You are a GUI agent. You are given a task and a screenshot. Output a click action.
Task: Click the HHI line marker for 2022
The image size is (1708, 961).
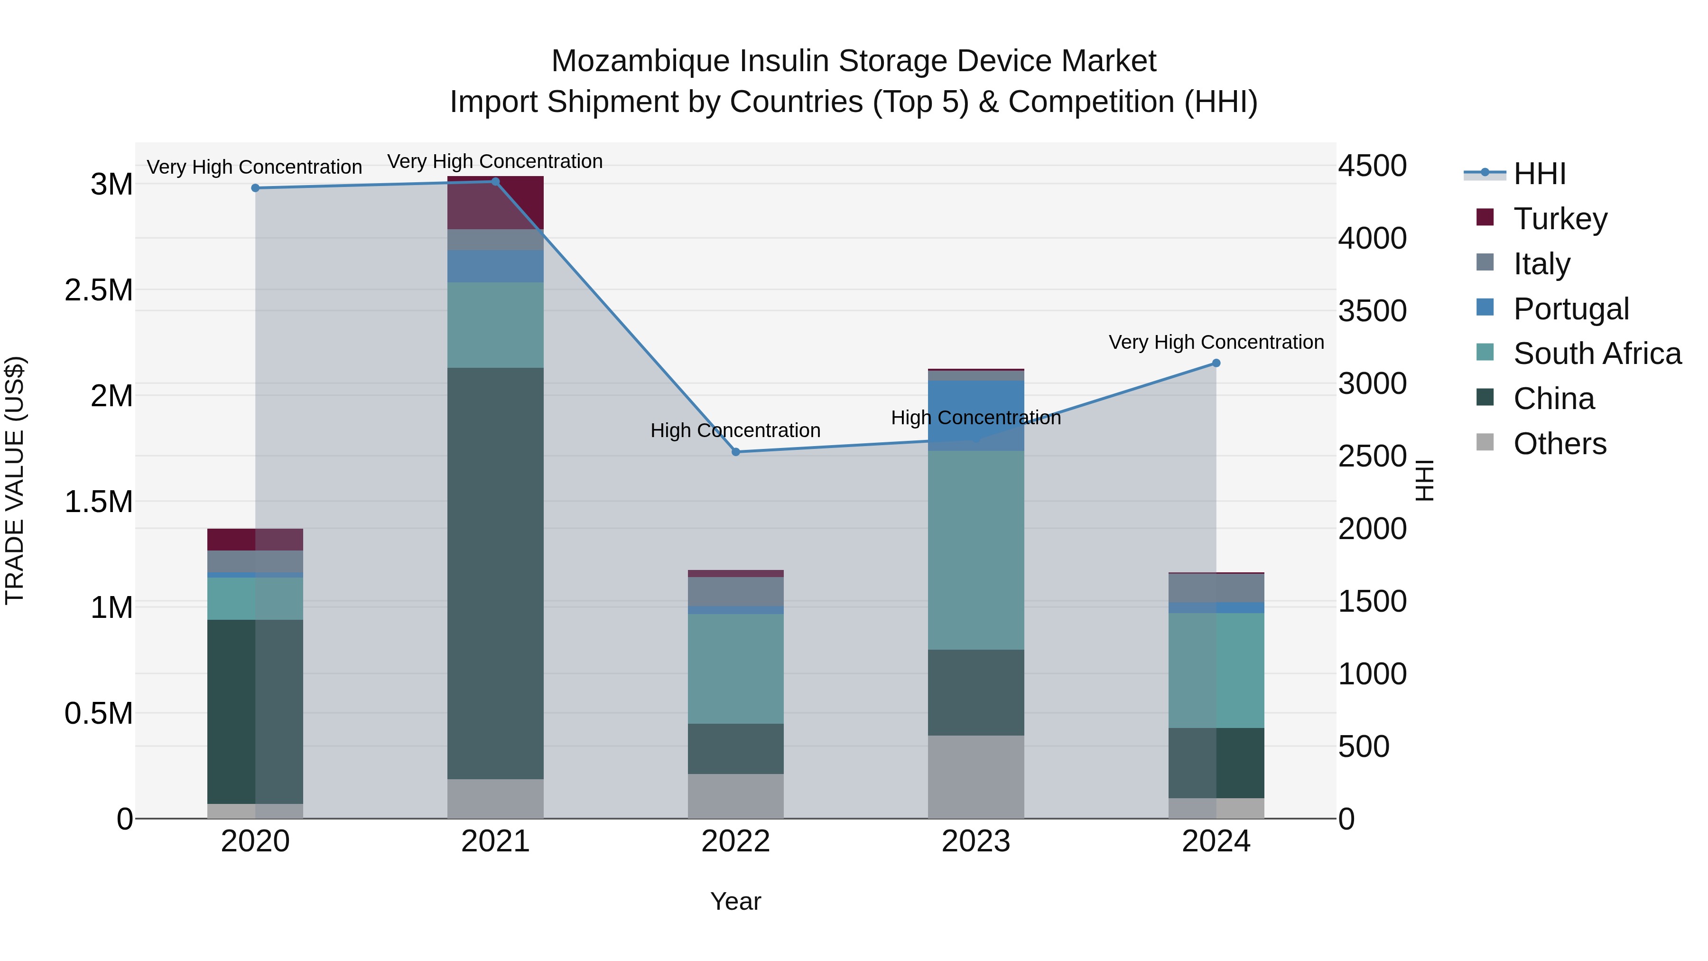click(735, 452)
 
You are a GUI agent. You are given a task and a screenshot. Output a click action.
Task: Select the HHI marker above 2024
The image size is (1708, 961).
click(1216, 363)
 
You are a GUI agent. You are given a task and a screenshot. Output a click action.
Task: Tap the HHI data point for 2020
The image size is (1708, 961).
click(255, 187)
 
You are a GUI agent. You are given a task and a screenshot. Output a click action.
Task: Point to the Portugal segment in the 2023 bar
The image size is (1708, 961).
click(975, 415)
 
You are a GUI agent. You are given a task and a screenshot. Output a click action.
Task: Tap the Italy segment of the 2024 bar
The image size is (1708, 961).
click(1216, 588)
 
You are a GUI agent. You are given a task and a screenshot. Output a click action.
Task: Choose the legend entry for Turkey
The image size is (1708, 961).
click(1559, 218)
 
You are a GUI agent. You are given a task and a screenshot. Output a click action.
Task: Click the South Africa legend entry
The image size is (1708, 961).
click(1597, 354)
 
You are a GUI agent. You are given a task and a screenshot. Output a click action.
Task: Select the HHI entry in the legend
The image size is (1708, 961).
click(1539, 174)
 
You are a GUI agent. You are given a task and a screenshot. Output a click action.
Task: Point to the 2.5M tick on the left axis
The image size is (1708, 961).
click(98, 290)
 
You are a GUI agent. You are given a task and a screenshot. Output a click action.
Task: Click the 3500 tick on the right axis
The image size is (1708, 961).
click(1372, 311)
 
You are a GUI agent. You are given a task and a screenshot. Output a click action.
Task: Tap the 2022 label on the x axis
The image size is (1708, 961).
click(735, 841)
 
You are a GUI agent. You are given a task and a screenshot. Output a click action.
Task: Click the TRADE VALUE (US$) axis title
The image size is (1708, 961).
click(15, 480)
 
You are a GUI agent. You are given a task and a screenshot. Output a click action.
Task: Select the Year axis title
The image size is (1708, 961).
click(735, 901)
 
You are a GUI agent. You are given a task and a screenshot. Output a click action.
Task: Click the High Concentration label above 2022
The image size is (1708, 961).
click(735, 430)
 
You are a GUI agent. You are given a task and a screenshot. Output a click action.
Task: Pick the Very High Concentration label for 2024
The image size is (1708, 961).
click(1216, 342)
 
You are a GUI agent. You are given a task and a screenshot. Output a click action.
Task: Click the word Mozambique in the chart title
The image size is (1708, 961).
click(640, 61)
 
